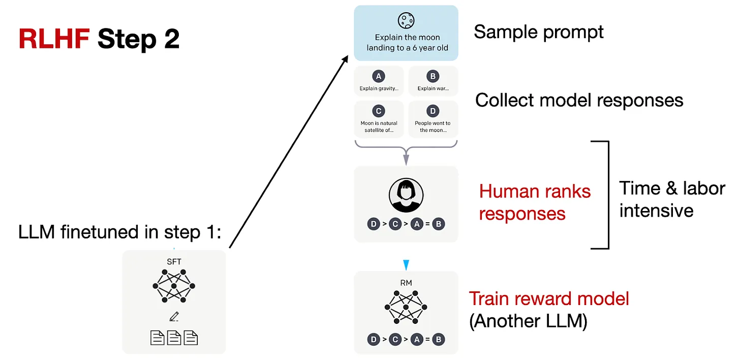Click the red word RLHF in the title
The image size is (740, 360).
pos(53,39)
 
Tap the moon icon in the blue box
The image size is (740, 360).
pos(407,20)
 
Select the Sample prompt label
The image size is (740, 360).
pos(539,33)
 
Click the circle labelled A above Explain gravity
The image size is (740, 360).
pos(378,76)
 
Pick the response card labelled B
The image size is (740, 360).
pos(434,81)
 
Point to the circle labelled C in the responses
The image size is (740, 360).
pos(378,111)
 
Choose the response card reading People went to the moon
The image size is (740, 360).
pos(434,119)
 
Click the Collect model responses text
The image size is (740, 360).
pos(579,100)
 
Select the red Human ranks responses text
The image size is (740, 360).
pos(535,202)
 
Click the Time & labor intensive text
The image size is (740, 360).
pos(671,199)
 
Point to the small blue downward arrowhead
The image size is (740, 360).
pos(406,265)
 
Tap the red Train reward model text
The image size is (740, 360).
pos(549,298)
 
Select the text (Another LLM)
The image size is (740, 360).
pos(528,322)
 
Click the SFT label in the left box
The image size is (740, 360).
pos(174,261)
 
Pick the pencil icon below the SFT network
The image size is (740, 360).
pos(174,317)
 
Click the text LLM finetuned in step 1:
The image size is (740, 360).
pos(120,232)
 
